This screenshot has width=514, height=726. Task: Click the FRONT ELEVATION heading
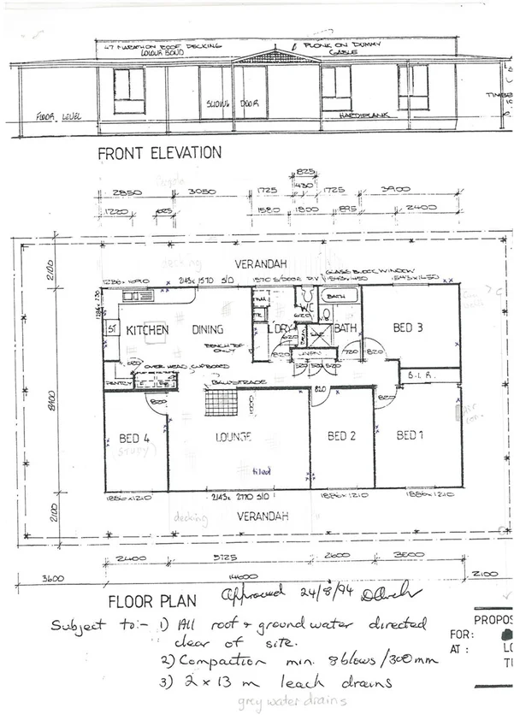pyautogui.click(x=159, y=153)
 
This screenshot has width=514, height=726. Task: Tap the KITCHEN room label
pyautogui.click(x=146, y=329)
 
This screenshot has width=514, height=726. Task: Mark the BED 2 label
pyautogui.click(x=341, y=436)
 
